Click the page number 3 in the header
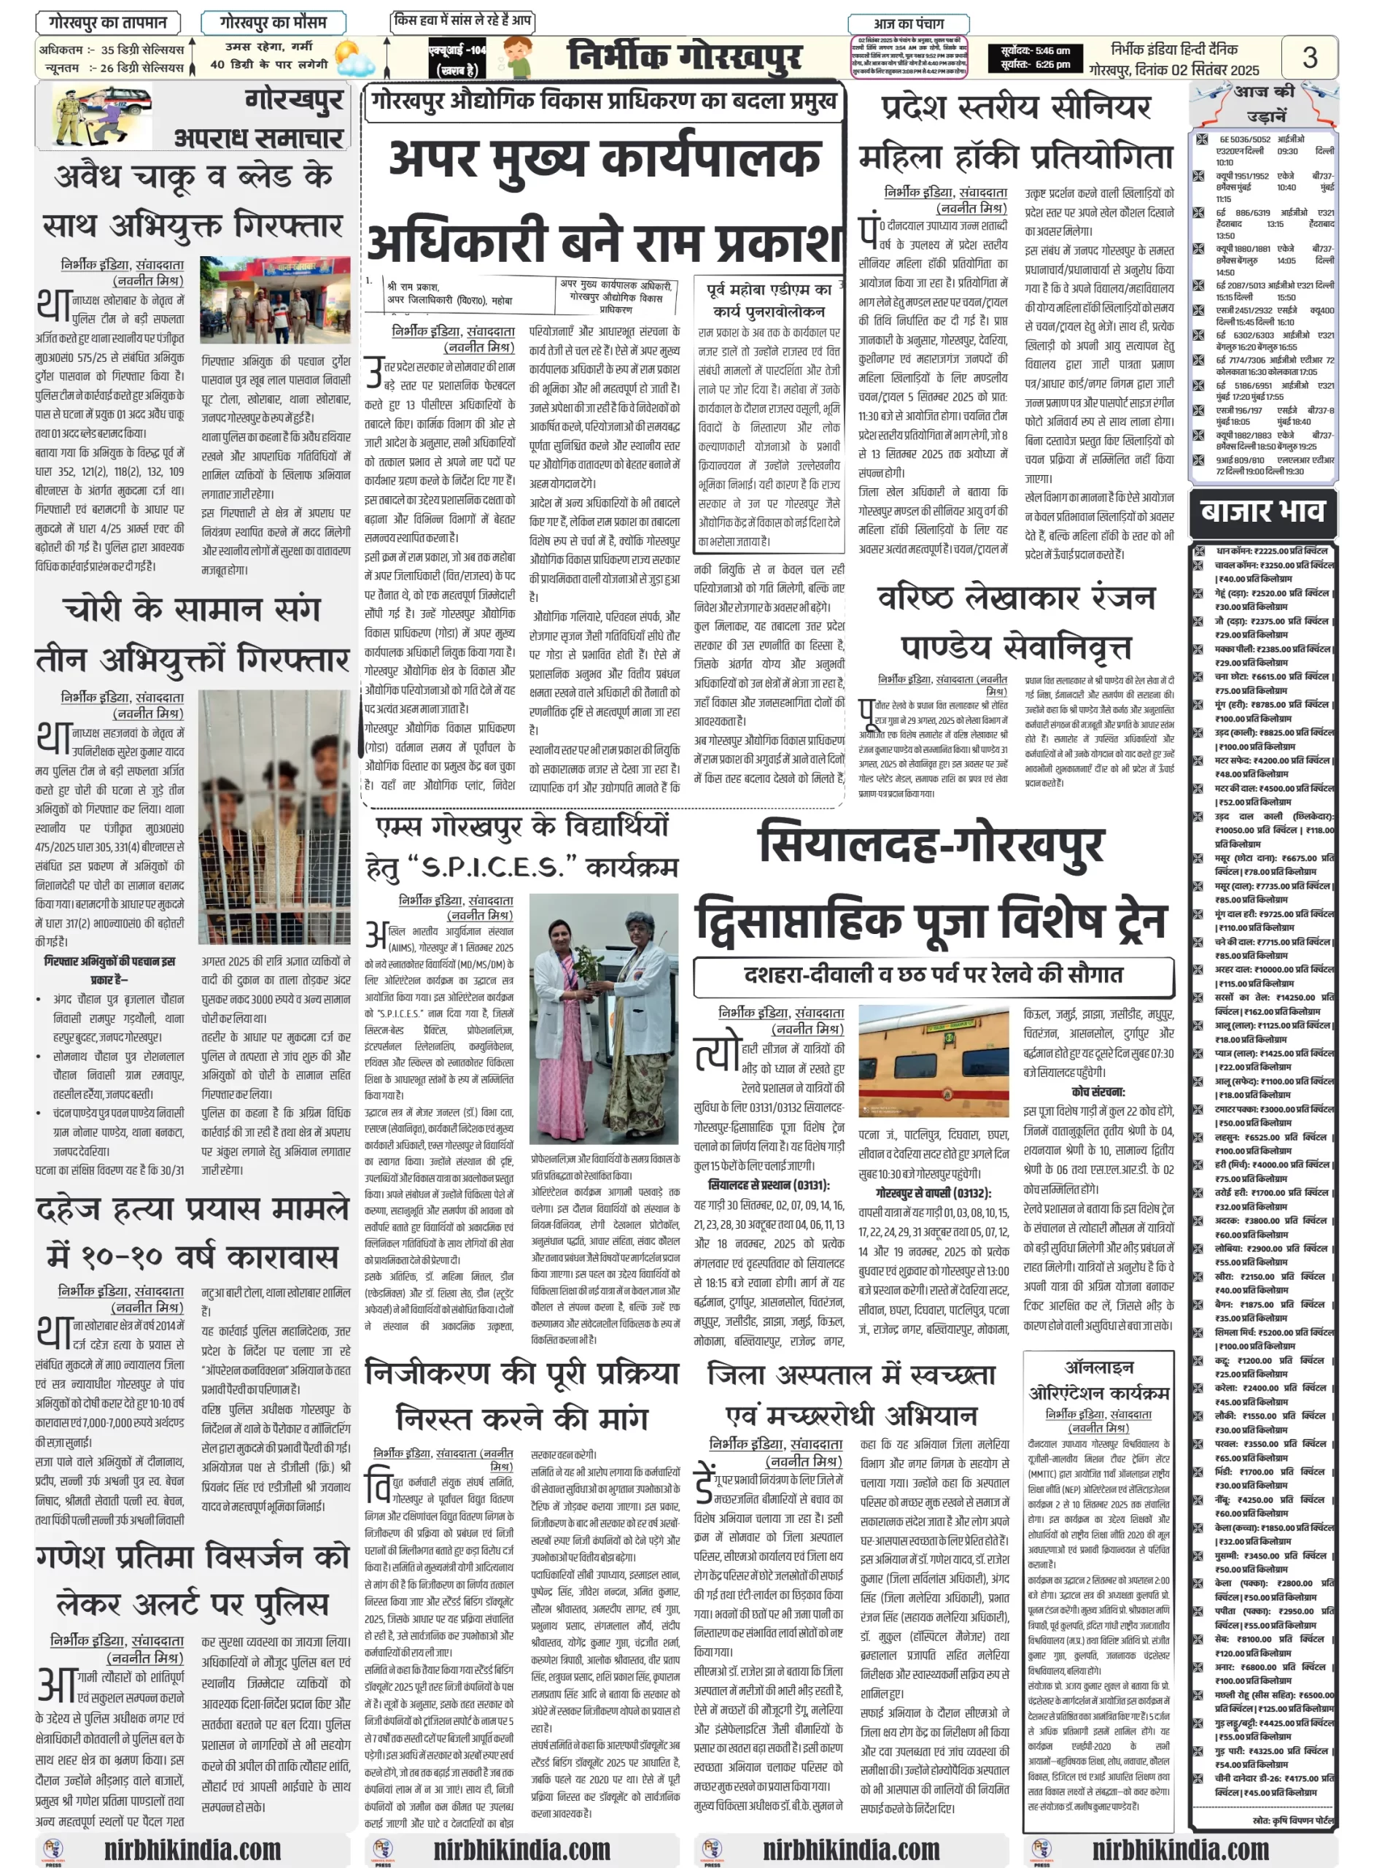tap(1309, 57)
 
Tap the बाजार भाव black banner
tap(1262, 510)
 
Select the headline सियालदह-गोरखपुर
tap(931, 844)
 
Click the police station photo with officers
tap(274, 301)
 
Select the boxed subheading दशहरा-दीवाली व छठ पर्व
tap(934, 974)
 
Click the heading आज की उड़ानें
tap(1263, 102)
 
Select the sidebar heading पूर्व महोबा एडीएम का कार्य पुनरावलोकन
tap(769, 300)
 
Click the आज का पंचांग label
tap(907, 24)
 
